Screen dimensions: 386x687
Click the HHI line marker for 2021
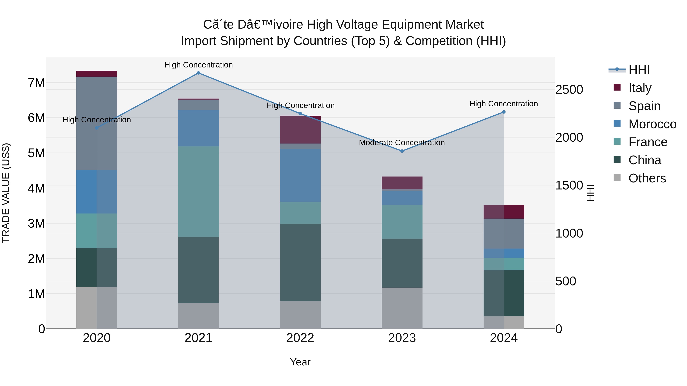(198, 73)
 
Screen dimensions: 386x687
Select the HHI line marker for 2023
(402, 151)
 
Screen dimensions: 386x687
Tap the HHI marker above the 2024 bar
(504, 112)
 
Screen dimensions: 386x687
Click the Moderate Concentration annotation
(402, 143)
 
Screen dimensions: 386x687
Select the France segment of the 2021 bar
(198, 192)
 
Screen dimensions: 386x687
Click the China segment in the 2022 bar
(300, 262)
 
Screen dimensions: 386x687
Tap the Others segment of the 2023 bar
(402, 308)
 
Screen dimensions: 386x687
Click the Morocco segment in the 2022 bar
(300, 175)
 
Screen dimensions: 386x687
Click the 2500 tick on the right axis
(569, 90)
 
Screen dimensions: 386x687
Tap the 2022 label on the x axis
(300, 338)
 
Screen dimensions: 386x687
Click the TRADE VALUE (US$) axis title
(6, 193)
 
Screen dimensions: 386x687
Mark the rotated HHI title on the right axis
(590, 193)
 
